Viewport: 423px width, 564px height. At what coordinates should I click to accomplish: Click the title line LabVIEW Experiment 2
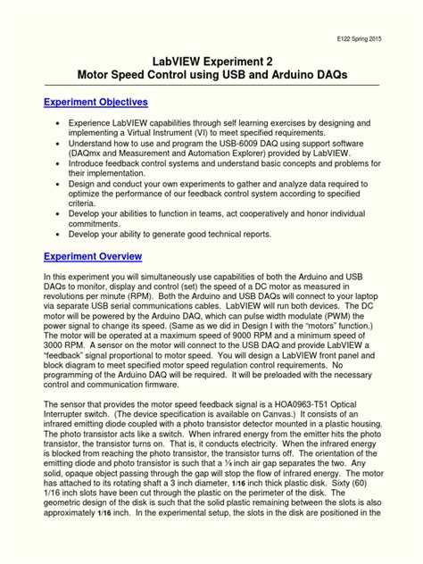[x=211, y=60]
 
